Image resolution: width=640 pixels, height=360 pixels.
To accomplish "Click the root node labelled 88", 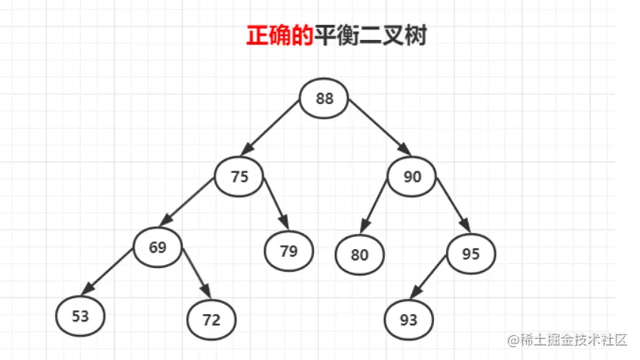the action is [324, 98].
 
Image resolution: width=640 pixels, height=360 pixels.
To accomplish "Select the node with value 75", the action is [239, 177].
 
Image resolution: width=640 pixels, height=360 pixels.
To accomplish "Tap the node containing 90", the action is [412, 177].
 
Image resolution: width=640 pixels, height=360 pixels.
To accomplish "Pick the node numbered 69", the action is [158, 248].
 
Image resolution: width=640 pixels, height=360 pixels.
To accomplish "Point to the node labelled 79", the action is [289, 251].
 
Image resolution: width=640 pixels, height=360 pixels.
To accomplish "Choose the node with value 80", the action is [359, 254].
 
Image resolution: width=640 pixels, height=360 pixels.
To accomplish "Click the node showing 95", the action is [471, 254].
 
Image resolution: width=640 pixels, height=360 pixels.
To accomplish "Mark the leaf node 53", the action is [81, 316].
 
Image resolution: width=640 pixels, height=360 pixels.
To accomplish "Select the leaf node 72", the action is [211, 319].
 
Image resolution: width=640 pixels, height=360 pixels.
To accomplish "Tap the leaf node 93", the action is [408, 319].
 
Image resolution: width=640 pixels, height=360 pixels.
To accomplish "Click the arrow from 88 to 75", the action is [269, 128].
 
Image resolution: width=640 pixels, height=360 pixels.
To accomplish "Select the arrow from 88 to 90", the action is [380, 128].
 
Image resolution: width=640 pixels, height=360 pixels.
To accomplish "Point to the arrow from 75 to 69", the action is [186, 202].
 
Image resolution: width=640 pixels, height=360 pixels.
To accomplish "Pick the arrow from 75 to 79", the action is [276, 204].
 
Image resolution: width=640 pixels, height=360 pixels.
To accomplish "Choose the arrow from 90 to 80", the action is [374, 206].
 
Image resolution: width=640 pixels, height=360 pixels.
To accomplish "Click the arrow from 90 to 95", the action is [454, 205].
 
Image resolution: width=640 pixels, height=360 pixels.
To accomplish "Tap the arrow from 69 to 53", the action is [107, 272].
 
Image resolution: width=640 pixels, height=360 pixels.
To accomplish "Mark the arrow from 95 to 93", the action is [428, 277].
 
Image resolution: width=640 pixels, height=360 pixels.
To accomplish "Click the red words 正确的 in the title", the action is [280, 35].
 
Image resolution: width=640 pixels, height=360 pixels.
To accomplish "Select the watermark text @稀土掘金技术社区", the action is [568, 340].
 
